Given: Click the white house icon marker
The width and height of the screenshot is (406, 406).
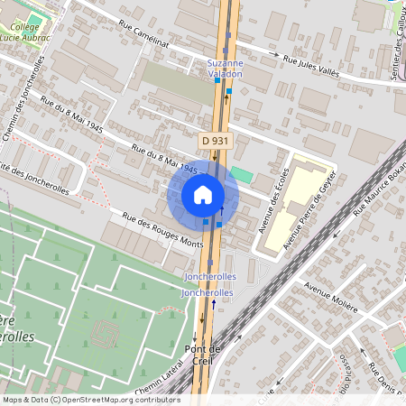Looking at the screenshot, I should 203,195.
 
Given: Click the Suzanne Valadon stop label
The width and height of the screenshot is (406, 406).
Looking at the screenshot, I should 225,69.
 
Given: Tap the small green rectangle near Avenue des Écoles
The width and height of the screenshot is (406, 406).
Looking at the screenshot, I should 241,173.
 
